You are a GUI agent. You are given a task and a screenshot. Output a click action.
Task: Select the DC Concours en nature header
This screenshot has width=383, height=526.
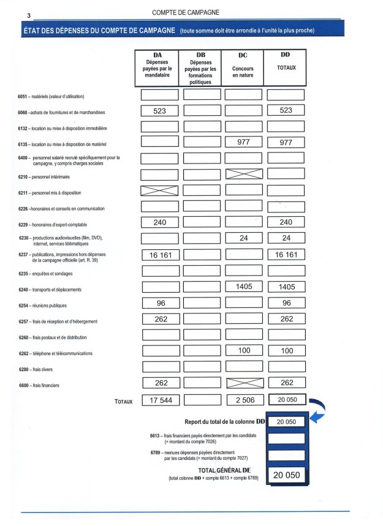click(x=243, y=67)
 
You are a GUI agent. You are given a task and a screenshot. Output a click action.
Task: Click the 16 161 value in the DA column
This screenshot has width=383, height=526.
click(x=159, y=254)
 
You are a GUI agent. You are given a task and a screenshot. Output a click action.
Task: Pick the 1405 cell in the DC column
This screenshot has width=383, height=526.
click(x=243, y=287)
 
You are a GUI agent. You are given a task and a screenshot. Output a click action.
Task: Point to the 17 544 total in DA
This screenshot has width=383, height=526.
click(x=159, y=400)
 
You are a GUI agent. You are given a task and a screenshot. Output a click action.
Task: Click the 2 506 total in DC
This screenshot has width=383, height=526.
click(x=243, y=400)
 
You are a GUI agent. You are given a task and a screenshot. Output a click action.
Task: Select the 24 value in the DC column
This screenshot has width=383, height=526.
click(x=243, y=238)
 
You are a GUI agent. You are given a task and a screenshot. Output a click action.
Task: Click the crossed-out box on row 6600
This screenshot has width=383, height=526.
click(x=243, y=383)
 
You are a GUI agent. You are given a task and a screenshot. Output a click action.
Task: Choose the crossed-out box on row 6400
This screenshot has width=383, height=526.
click(x=243, y=174)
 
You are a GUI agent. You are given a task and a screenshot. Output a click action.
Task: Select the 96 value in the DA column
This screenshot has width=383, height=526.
click(x=159, y=302)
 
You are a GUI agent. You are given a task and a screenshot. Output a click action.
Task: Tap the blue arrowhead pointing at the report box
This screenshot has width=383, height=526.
click(x=319, y=418)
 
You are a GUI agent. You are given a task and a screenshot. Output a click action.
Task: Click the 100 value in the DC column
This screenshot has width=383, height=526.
click(x=243, y=350)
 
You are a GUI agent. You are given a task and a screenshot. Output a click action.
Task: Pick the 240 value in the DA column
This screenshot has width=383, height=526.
click(x=159, y=222)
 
